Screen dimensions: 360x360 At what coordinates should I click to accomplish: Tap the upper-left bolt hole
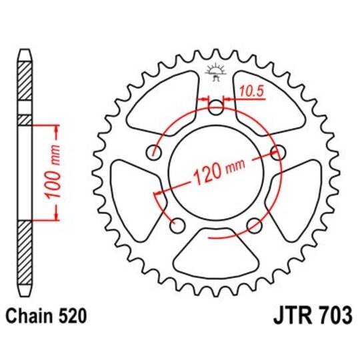pyautogui.click(x=156, y=151)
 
